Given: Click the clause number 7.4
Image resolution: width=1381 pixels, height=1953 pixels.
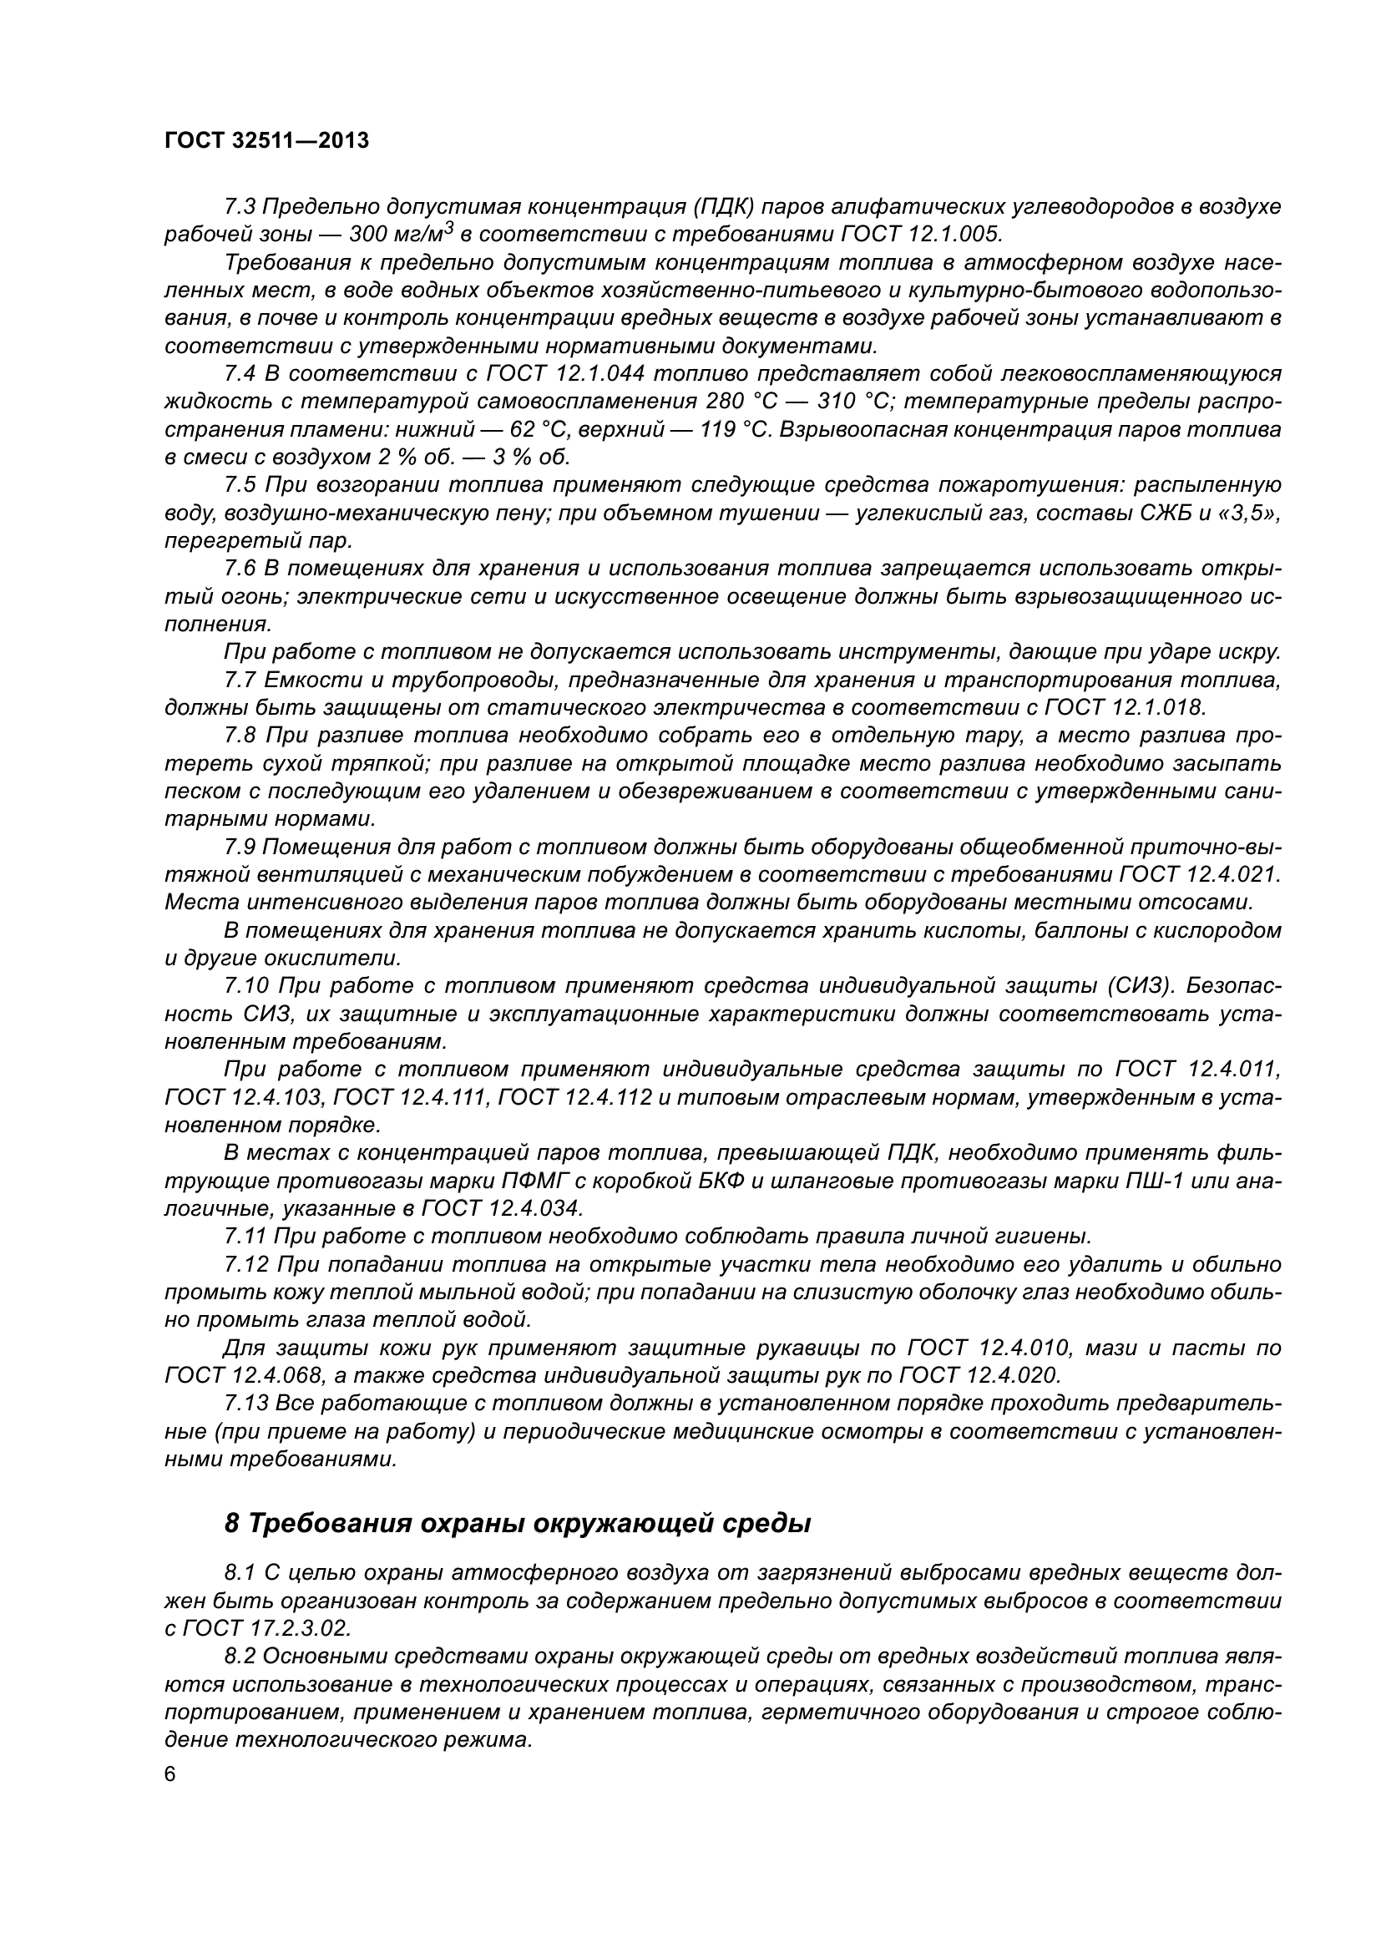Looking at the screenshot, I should (x=240, y=373).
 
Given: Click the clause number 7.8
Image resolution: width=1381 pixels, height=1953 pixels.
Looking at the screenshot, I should (x=240, y=735).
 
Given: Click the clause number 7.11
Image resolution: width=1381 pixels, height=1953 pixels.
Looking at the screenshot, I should (x=244, y=1236).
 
